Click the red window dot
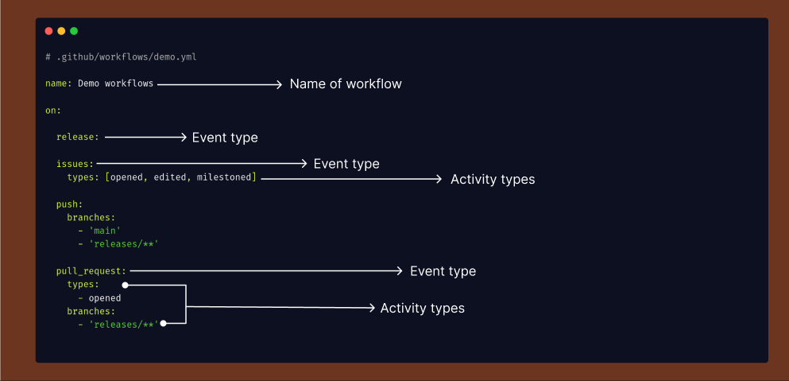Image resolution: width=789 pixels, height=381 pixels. (x=48, y=31)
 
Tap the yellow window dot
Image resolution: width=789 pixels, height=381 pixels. (x=61, y=31)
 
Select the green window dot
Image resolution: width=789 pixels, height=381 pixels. (x=74, y=31)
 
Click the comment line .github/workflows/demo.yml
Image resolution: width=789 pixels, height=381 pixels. (x=121, y=57)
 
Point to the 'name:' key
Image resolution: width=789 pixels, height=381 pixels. (x=59, y=84)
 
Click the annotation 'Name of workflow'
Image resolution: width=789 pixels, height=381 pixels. (x=346, y=84)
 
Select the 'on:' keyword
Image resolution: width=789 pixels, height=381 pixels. (x=53, y=111)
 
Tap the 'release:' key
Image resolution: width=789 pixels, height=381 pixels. (x=78, y=137)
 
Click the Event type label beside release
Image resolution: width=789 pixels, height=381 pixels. (x=225, y=138)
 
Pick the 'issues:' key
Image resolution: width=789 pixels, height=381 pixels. (x=75, y=164)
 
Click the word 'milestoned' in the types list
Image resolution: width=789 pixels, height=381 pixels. (x=224, y=177)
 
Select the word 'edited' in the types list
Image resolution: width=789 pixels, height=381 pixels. (x=169, y=177)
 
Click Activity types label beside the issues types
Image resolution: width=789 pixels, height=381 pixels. (x=493, y=180)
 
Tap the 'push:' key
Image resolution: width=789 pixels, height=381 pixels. (x=69, y=204)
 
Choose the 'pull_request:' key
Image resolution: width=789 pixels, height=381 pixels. (x=91, y=271)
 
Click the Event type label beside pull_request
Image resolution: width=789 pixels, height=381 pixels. (x=443, y=271)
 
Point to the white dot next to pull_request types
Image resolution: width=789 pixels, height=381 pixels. (x=126, y=286)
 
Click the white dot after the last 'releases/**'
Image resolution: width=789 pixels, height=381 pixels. (x=163, y=324)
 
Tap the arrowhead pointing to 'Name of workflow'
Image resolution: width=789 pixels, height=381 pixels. (x=279, y=84)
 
